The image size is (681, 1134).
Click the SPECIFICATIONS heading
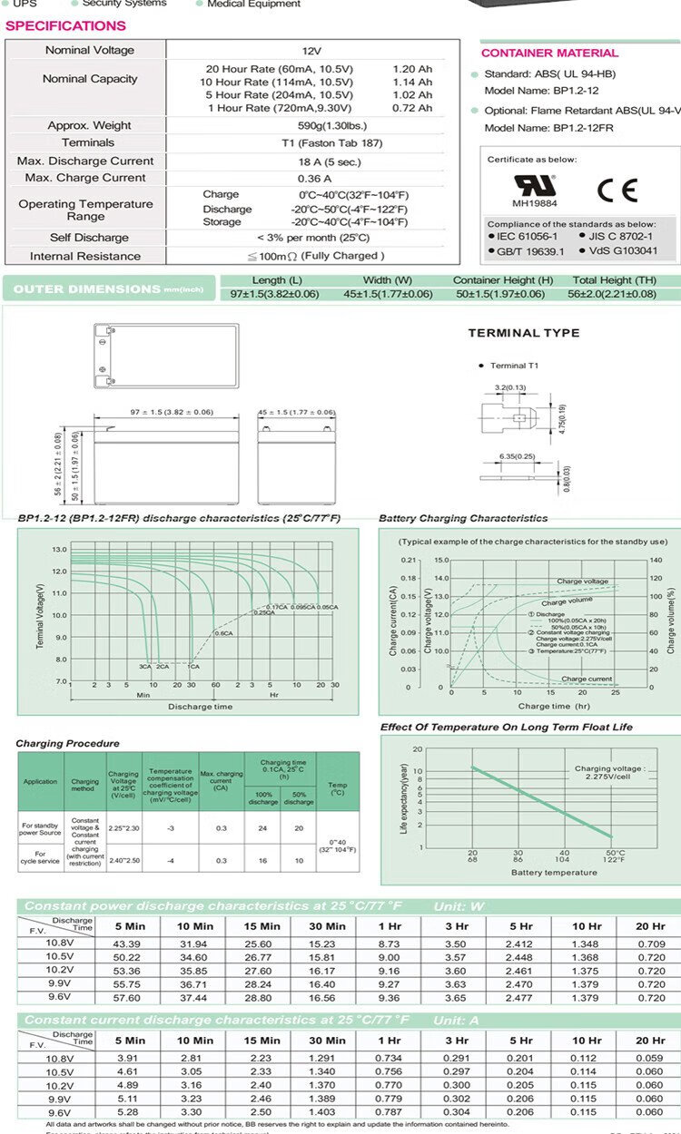click(x=65, y=25)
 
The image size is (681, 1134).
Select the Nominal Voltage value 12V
click(x=311, y=51)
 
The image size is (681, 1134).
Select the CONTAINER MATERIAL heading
click(x=549, y=54)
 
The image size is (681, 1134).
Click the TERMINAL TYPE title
click(x=523, y=333)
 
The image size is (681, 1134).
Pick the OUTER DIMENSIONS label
click(x=86, y=289)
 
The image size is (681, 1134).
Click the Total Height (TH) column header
click(x=615, y=280)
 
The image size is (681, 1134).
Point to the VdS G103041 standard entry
click(x=623, y=251)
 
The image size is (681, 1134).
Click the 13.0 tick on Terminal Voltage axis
click(x=60, y=550)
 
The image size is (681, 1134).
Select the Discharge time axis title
click(x=200, y=707)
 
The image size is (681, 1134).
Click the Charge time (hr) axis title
click(x=554, y=706)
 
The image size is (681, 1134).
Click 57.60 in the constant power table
click(x=129, y=998)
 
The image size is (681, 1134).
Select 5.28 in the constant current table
click(x=129, y=1112)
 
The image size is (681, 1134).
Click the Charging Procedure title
click(x=67, y=744)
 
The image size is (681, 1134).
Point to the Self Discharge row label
click(x=88, y=238)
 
